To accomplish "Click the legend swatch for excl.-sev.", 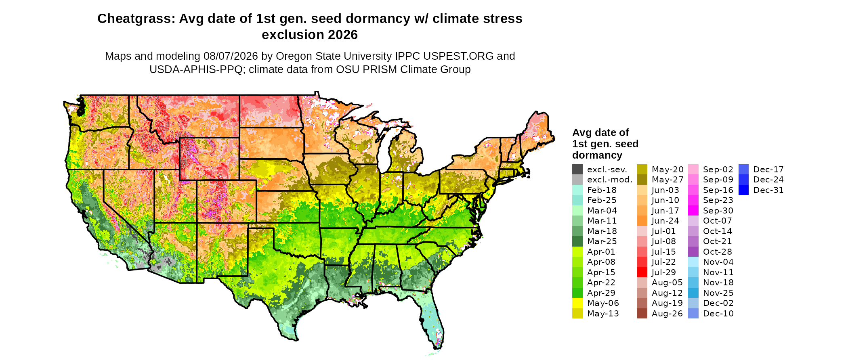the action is tap(577, 170).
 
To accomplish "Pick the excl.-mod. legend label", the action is tap(610, 180).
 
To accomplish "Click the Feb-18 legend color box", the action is tap(577, 190).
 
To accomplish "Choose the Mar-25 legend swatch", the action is tap(577, 241).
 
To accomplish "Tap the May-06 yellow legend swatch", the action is tap(577, 303).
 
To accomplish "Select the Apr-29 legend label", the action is tap(601, 293).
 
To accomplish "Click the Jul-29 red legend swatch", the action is tap(642, 272).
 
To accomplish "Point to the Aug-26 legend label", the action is tap(667, 314).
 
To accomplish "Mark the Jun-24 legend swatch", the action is tap(642, 221).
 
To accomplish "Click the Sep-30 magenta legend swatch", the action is tap(693, 211).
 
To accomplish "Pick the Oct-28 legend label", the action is tap(718, 252).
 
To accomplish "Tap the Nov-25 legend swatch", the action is tap(693, 293).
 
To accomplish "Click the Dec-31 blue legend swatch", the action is tap(743, 190).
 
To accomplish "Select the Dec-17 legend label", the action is tap(768, 170).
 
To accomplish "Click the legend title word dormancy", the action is tap(597, 155).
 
